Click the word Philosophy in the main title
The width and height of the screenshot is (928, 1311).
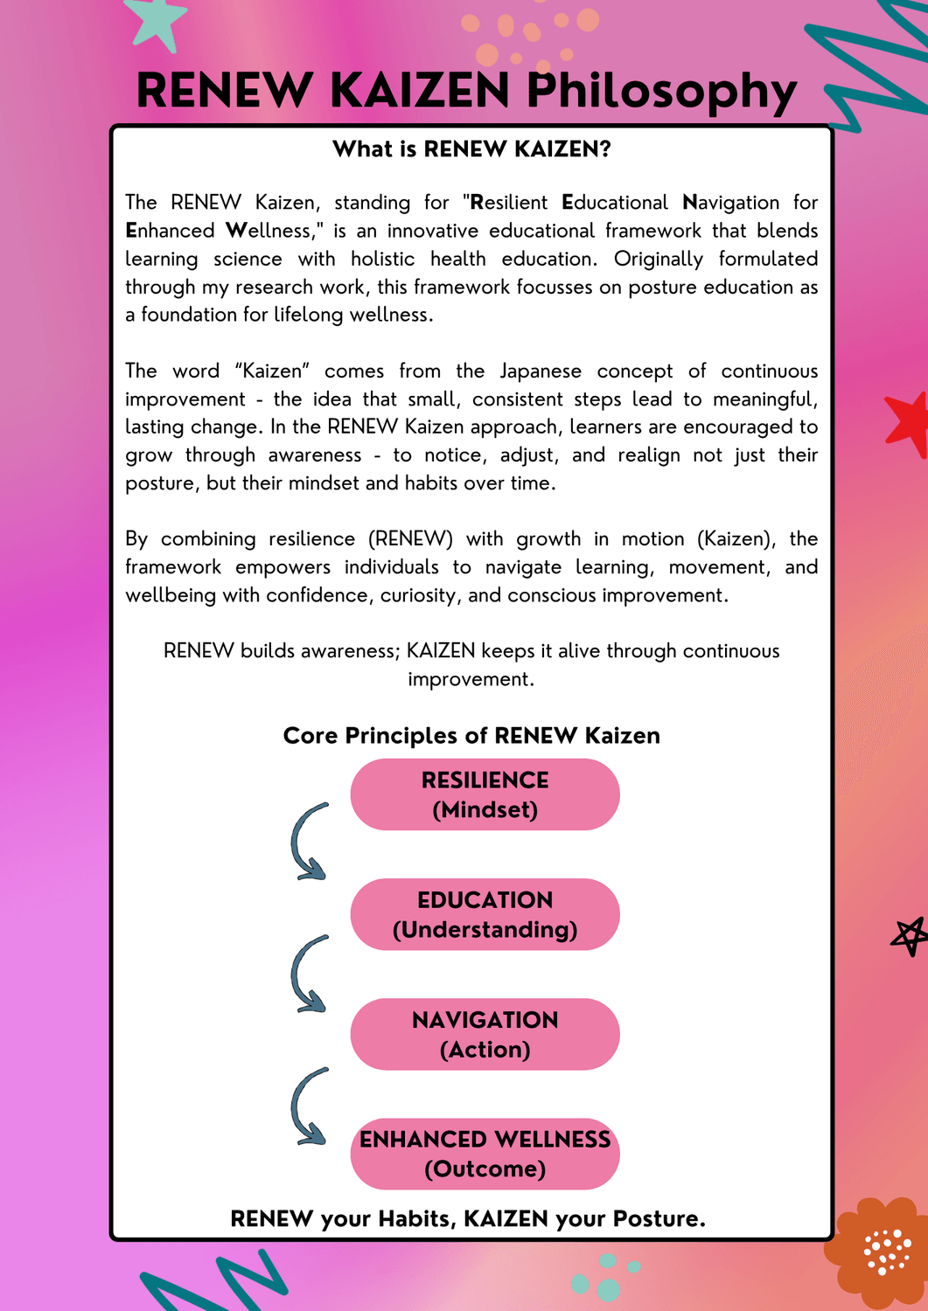(661, 92)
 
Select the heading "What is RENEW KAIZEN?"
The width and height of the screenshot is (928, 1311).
(471, 149)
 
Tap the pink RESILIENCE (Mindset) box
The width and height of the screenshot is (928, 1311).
(485, 794)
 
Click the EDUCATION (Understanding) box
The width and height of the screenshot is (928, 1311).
(485, 914)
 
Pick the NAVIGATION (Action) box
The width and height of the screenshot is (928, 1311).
(485, 1034)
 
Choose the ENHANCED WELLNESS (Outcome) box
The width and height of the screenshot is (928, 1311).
(485, 1154)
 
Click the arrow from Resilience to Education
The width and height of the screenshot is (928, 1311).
(307, 842)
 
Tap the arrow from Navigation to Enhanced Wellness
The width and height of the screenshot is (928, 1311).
(307, 1106)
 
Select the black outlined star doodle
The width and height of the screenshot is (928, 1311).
(910, 937)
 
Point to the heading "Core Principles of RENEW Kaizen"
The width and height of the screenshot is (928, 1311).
(471, 736)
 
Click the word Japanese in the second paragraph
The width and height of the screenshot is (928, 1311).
(540, 371)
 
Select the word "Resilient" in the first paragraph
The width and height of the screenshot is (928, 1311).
(509, 203)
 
